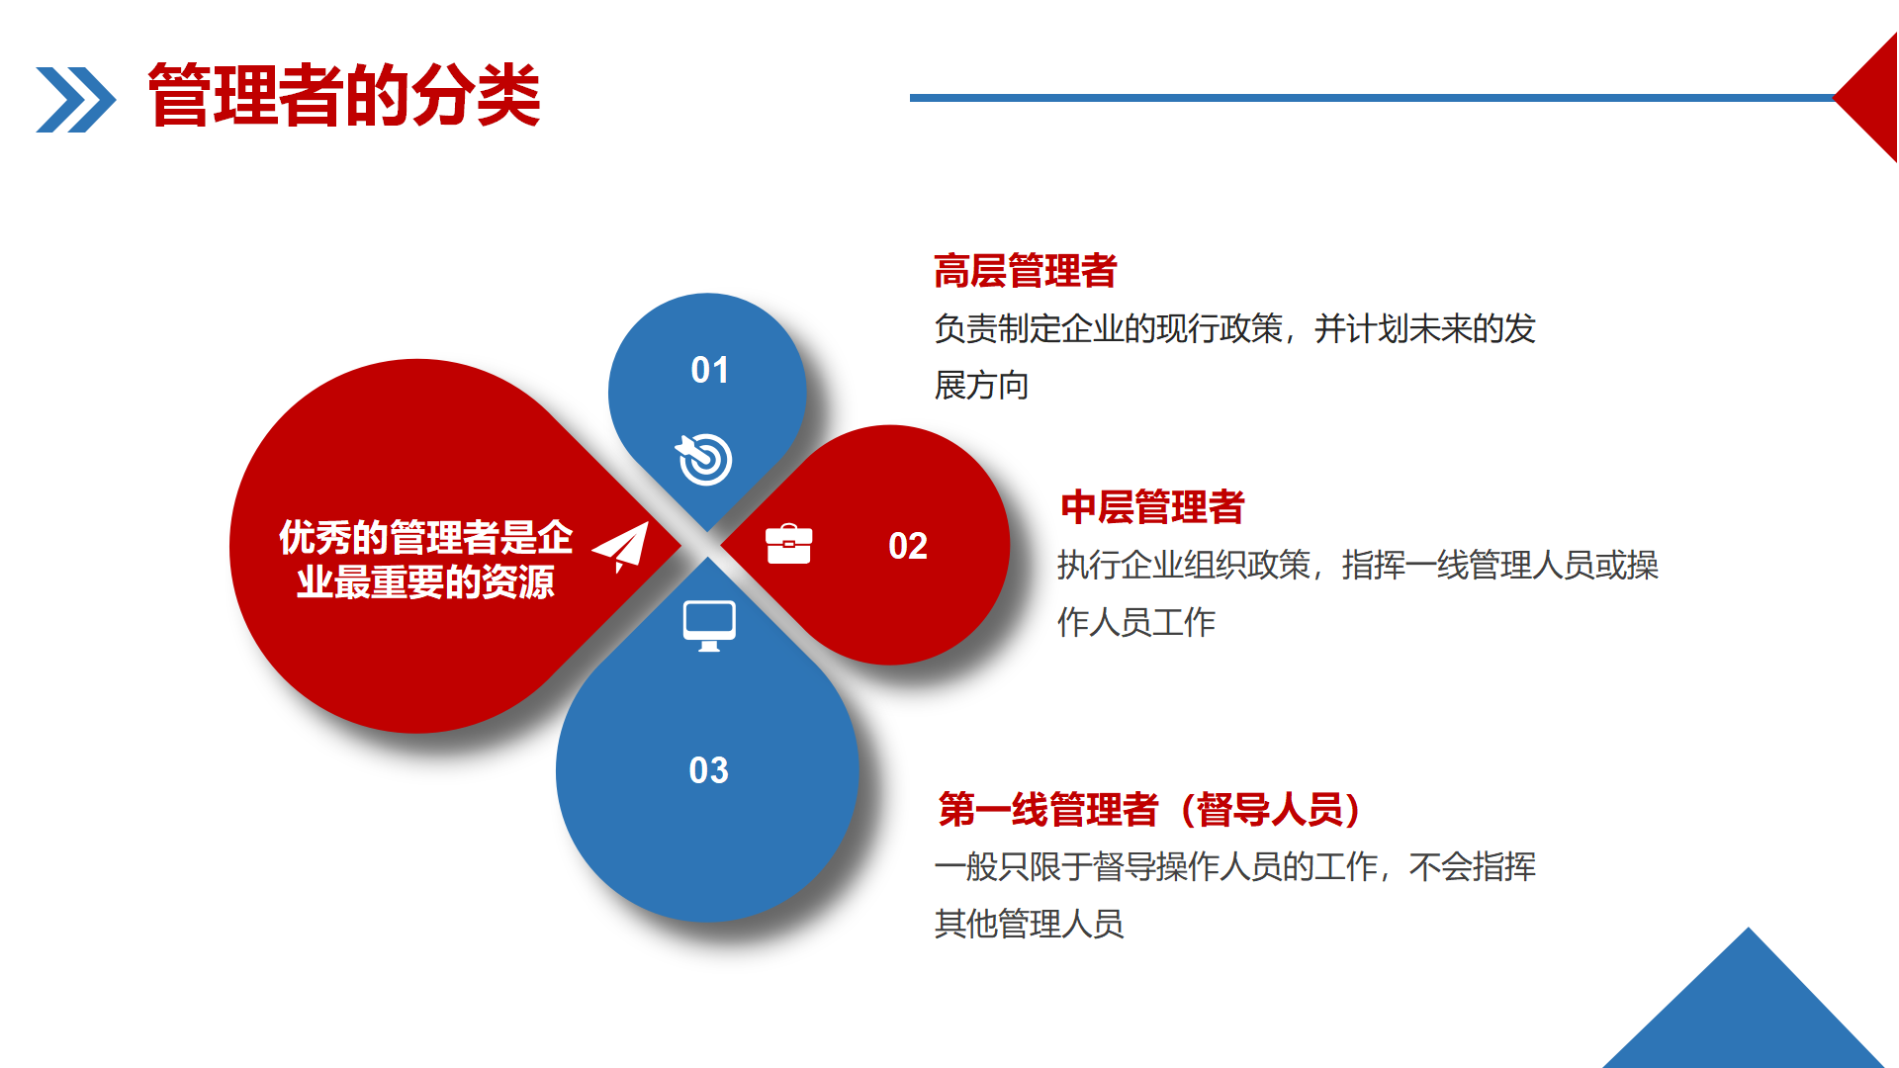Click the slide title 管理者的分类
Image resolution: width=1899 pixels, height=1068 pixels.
(344, 95)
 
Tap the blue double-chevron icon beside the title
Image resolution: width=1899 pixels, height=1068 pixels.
(75, 99)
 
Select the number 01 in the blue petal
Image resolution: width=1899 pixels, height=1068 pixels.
(709, 370)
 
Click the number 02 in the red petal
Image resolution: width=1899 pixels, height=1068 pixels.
(907, 546)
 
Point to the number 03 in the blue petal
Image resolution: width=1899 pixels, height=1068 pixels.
(708, 770)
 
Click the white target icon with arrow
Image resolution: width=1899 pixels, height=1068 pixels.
(704, 459)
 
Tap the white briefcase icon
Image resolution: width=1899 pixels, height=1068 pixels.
(788, 544)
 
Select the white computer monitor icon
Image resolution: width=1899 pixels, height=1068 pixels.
(709, 626)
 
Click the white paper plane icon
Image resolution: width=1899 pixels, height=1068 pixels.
(621, 546)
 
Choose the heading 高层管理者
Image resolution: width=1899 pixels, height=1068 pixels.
(1026, 271)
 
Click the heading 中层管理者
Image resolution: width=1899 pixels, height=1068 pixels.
(1152, 507)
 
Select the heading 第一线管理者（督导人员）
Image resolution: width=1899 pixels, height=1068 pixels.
(1151, 809)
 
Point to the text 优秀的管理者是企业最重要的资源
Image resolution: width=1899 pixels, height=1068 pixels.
(425, 560)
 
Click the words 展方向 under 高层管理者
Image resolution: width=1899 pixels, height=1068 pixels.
(982, 386)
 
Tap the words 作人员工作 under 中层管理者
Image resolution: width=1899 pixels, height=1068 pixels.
(1136, 622)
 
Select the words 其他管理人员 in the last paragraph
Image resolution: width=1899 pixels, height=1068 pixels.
(1030, 924)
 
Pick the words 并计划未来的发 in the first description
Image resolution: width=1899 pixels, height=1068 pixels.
(1425, 328)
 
